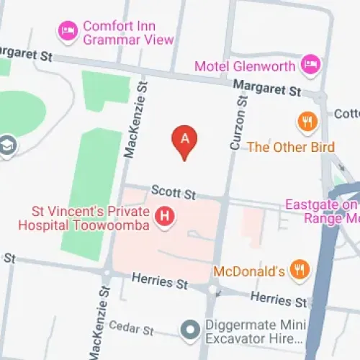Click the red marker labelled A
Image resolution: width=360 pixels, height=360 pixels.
(185, 139)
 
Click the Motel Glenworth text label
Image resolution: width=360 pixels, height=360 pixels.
(245, 66)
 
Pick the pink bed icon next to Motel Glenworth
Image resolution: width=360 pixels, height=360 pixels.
(310, 65)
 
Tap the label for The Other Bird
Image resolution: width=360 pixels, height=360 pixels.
(290, 147)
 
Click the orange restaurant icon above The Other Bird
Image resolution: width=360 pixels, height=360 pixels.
(308, 122)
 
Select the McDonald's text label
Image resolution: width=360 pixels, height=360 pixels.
(249, 271)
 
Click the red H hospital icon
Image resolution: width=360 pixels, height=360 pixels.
(166, 215)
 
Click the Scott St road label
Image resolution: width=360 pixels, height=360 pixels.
(174, 192)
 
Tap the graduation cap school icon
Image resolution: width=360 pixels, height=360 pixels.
(9, 144)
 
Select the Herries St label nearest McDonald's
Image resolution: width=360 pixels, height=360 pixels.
(279, 299)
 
